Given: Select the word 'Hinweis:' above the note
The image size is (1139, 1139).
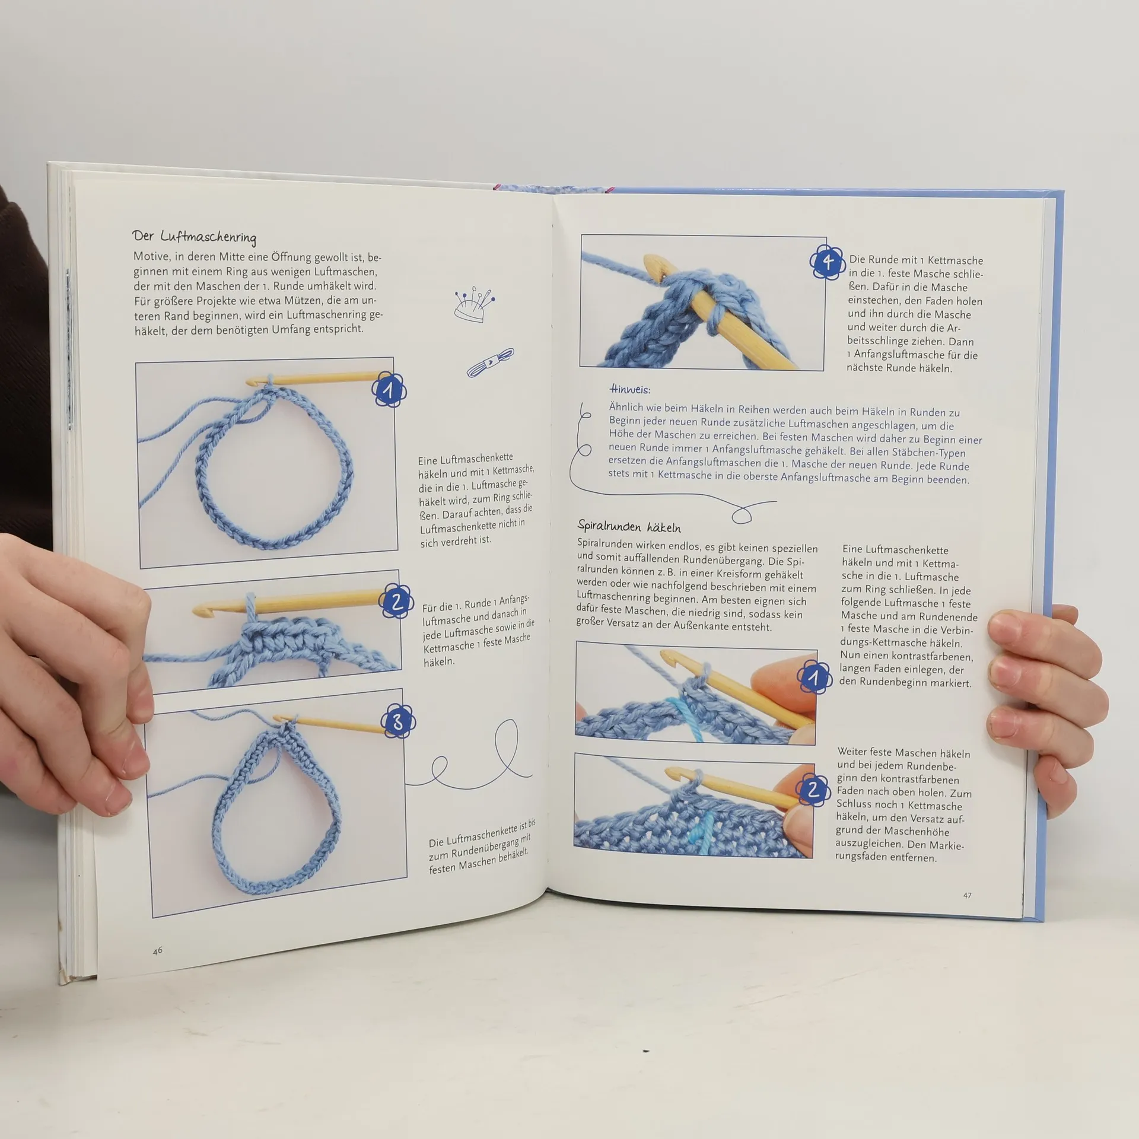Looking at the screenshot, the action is tap(630, 389).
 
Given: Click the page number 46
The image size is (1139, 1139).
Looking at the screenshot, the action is tap(157, 950).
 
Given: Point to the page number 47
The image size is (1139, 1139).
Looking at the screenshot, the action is tap(967, 895).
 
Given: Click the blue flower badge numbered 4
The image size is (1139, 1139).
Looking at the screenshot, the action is tap(828, 262).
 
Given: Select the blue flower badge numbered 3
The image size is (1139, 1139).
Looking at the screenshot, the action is tap(397, 721).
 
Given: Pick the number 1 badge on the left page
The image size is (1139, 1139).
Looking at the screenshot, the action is tap(389, 390).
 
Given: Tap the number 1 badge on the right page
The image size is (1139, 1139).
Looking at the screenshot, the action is tap(815, 678).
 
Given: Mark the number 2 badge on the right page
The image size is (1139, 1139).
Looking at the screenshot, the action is tap(813, 789).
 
